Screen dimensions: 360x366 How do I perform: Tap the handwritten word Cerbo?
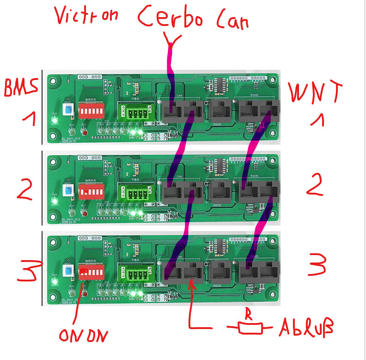coord(173,19)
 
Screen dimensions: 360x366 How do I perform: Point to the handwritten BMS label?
coord(20,87)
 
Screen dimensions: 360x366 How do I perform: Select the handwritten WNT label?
coord(316,93)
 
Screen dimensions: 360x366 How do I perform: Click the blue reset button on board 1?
coord(69,108)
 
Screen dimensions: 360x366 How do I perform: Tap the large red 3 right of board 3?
coord(317,265)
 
